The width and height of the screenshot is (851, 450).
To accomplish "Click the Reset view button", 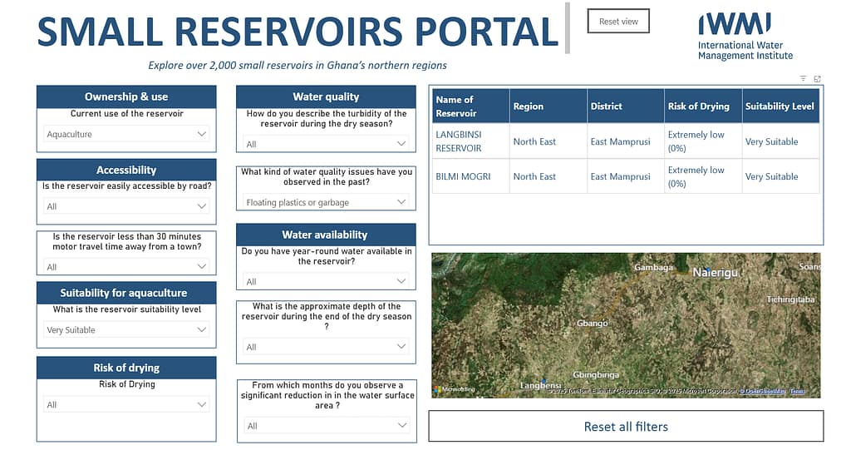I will pyautogui.click(x=618, y=22).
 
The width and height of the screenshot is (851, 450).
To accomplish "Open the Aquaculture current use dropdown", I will pyautogui.click(x=126, y=134).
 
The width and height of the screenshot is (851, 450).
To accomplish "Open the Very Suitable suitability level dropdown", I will pyautogui.click(x=126, y=330).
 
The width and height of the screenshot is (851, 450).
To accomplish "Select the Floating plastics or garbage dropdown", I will pyautogui.click(x=326, y=202).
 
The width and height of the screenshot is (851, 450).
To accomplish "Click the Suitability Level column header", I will pyautogui.click(x=780, y=106).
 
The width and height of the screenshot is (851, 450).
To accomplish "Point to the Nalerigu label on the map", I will pyautogui.click(x=715, y=272).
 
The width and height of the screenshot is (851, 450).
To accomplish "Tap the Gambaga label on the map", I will pyautogui.click(x=653, y=268).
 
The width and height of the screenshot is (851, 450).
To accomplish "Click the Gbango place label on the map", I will pyautogui.click(x=593, y=323).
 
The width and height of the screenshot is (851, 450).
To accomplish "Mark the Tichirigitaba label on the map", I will pyautogui.click(x=790, y=299).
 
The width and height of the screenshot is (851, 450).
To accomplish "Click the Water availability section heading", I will pyautogui.click(x=326, y=235).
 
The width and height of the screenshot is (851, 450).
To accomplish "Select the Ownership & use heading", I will pyautogui.click(x=126, y=96).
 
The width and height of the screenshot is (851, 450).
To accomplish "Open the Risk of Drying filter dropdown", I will pyautogui.click(x=126, y=405).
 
